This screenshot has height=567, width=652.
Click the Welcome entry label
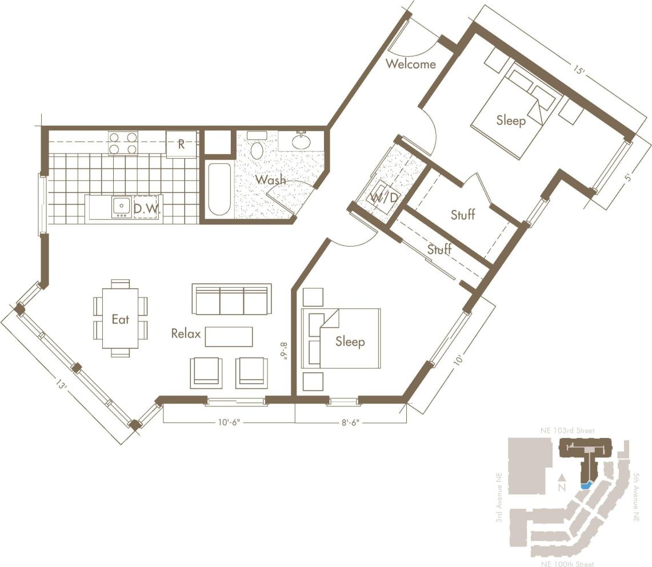click(410, 64)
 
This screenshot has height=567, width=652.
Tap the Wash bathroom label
click(270, 180)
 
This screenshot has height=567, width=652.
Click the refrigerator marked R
click(181, 144)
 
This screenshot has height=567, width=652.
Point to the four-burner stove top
click(123, 143)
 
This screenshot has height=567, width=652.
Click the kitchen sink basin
click(121, 207)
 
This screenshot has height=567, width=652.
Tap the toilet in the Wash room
click(257, 148)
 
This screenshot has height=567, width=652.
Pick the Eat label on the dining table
click(120, 319)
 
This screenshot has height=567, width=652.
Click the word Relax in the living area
click(186, 333)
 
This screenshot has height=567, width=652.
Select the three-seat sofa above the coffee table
click(231, 299)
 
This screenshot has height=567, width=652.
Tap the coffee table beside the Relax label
click(229, 336)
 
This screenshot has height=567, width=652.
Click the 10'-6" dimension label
click(229, 423)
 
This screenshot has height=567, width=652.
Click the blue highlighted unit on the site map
click(585, 485)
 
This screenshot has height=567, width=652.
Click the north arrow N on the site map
click(562, 484)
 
